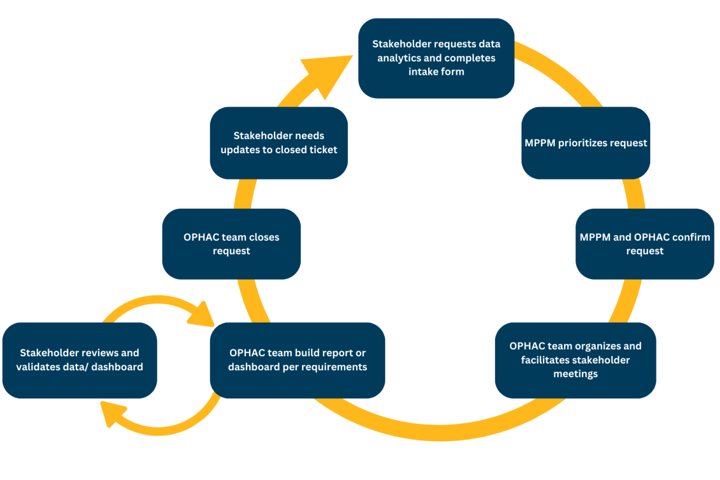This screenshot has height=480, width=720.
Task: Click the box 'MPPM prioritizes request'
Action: coord(586,143)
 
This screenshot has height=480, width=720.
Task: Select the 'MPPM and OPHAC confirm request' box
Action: coord(645,244)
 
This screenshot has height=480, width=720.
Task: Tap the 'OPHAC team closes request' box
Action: coord(231,244)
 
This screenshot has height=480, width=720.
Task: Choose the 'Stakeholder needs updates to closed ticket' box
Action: coord(278,143)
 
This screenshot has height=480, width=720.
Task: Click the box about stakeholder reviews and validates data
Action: coord(79,360)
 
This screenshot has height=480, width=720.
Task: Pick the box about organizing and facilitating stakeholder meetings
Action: coord(575,360)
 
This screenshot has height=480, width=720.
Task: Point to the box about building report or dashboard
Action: coord(297,360)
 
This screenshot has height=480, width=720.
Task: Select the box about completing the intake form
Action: coord(436,58)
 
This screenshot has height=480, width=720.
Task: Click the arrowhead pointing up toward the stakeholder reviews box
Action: coord(109,414)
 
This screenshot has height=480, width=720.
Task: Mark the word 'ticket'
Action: coord(321,150)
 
